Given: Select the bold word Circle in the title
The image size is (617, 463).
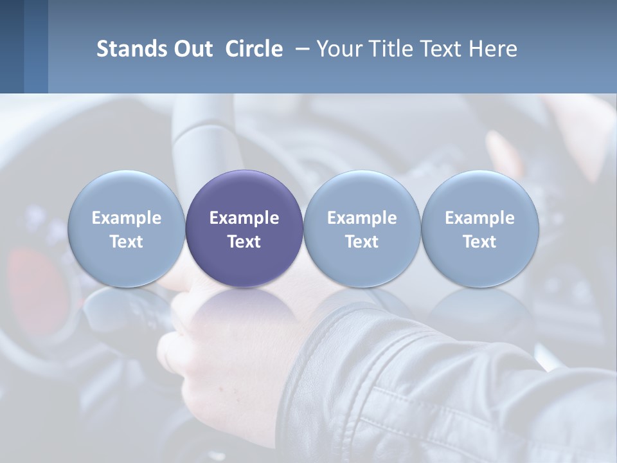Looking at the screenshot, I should click(254, 49).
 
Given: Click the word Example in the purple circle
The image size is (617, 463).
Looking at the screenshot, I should click(244, 219).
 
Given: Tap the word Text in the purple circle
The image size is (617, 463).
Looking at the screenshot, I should click(244, 242).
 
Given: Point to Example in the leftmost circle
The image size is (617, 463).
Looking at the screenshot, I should click(126, 219).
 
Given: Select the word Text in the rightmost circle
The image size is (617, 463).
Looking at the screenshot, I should click(480, 242).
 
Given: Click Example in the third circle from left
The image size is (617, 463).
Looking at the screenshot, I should click(362, 219).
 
